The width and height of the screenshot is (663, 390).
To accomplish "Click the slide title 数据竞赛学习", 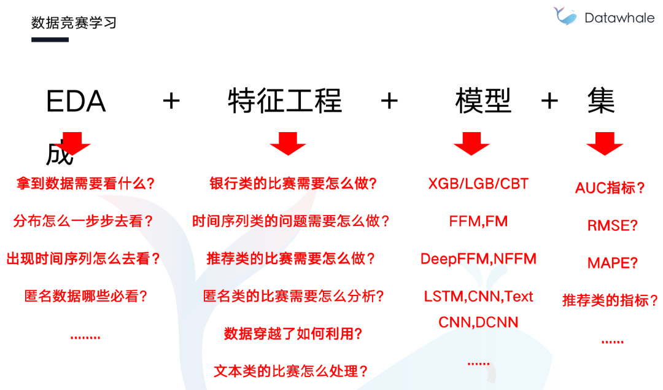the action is pos(74,23).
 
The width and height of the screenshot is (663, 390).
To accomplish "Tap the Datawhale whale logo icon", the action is pos(565,15).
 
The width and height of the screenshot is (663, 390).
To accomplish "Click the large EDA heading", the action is pos(76,101).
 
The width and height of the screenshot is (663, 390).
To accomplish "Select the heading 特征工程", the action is pos(285,101).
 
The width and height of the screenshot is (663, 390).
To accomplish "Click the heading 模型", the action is pos(483,101).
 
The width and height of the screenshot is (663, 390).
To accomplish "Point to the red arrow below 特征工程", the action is pos(287,143).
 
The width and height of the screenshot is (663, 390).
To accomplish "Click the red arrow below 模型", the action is pos(471,143).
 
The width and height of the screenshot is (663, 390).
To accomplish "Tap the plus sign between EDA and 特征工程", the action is pos(171,101).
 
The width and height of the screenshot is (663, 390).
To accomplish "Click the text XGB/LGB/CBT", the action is pos(478,184).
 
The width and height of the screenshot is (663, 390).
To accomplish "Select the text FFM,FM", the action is pos(478,221).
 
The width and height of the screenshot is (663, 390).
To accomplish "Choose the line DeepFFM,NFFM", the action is pos(478,259).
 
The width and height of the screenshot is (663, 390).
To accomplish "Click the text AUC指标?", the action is pos(610,188).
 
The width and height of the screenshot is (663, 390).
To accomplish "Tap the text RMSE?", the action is pos(613,225).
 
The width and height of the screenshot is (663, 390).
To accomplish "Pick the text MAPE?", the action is pos(613,263).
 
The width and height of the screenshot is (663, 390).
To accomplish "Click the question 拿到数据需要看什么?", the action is pos(85,184).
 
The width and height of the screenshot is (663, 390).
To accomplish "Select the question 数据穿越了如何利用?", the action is pos(293,333).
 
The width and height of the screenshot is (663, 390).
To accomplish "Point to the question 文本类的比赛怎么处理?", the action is pos(290,371).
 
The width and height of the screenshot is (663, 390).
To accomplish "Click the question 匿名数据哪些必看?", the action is pos(86,296).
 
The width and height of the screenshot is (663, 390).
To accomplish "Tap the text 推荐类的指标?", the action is pos(610,300).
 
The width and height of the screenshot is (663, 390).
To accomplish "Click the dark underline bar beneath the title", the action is pos(50,40).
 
